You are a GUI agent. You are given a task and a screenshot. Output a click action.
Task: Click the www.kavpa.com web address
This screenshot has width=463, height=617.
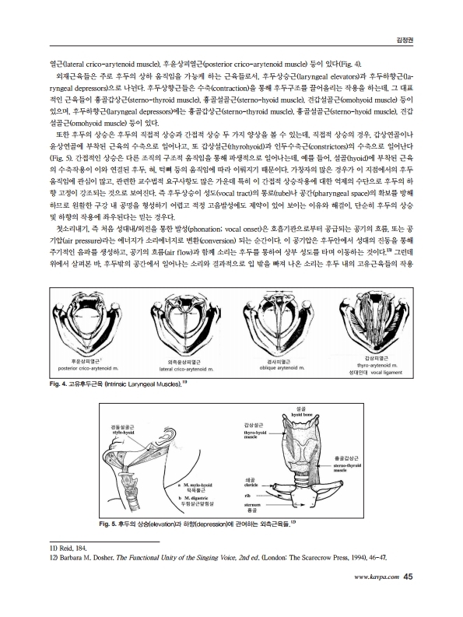(x=377, y=599)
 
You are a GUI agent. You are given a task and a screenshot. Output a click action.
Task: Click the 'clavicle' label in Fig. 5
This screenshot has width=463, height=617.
(x=250, y=486)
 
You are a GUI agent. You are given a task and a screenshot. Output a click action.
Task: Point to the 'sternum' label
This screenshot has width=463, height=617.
(x=250, y=505)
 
